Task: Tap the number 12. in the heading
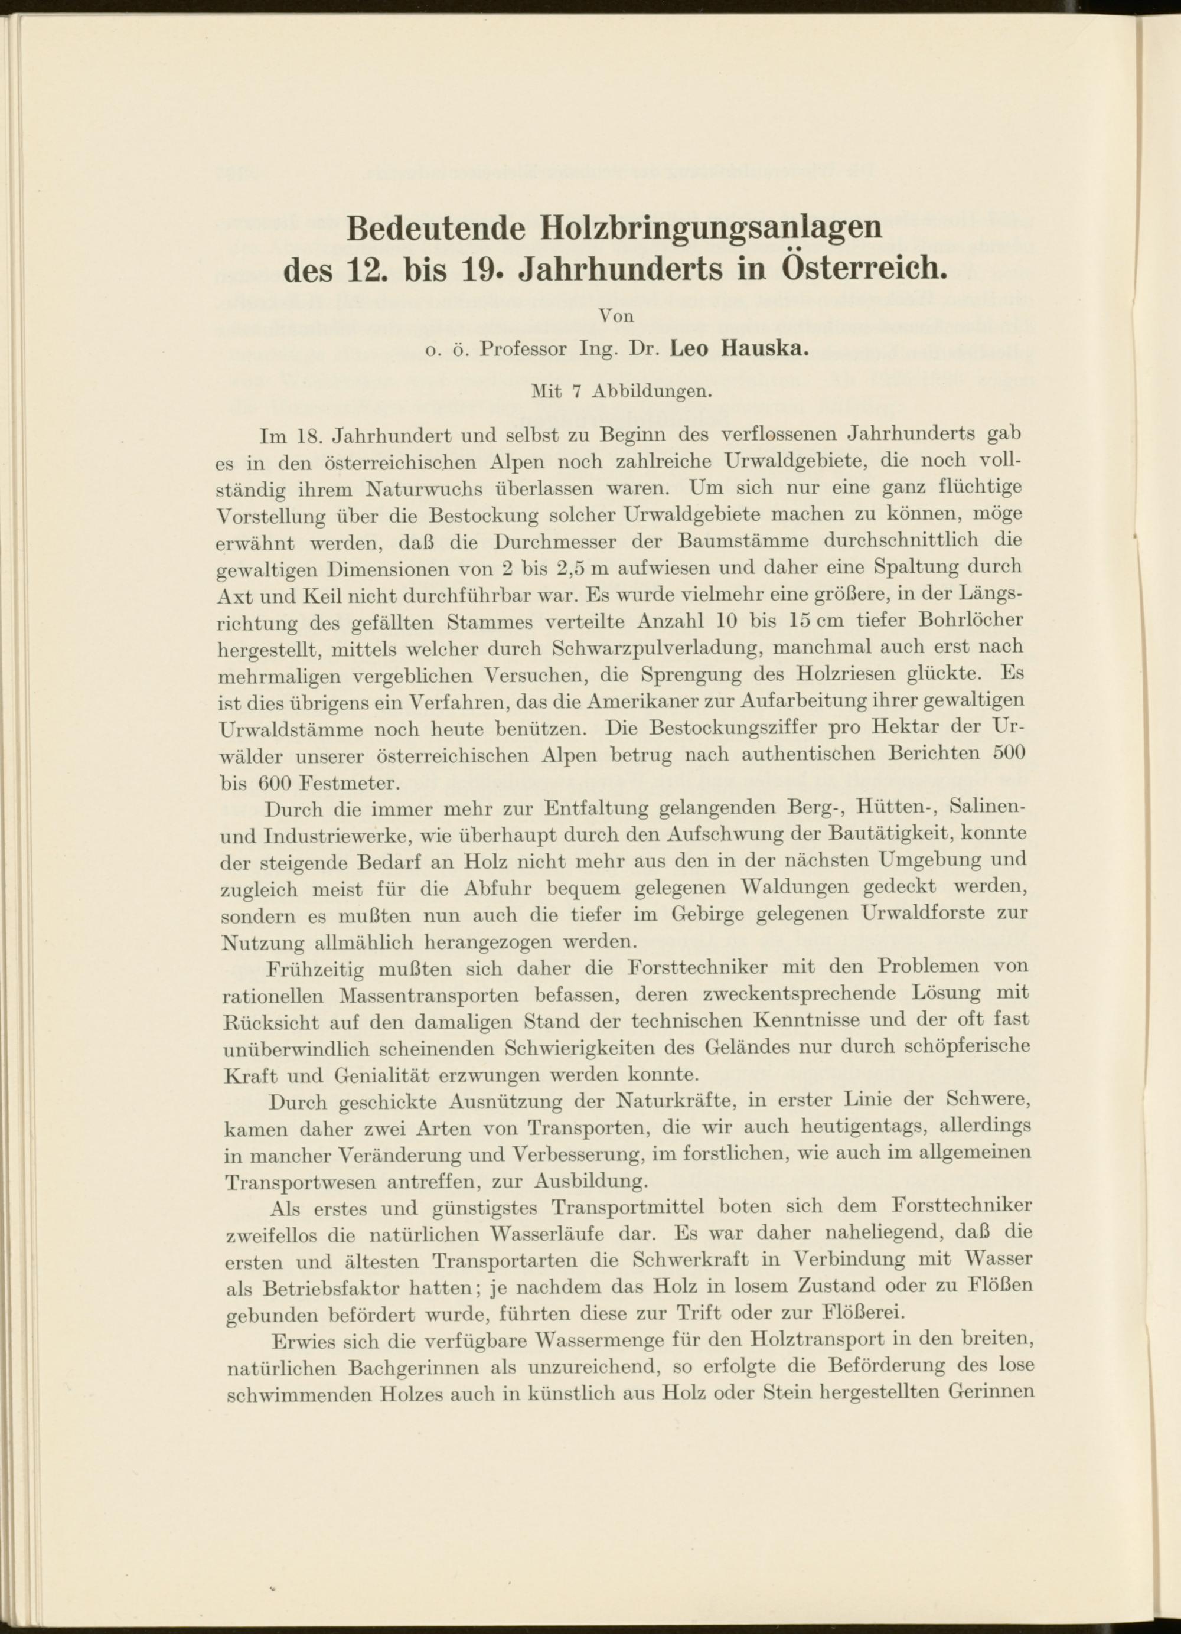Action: click(369, 270)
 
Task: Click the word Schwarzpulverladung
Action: click(655, 648)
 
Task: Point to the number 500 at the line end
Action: click(1008, 754)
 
